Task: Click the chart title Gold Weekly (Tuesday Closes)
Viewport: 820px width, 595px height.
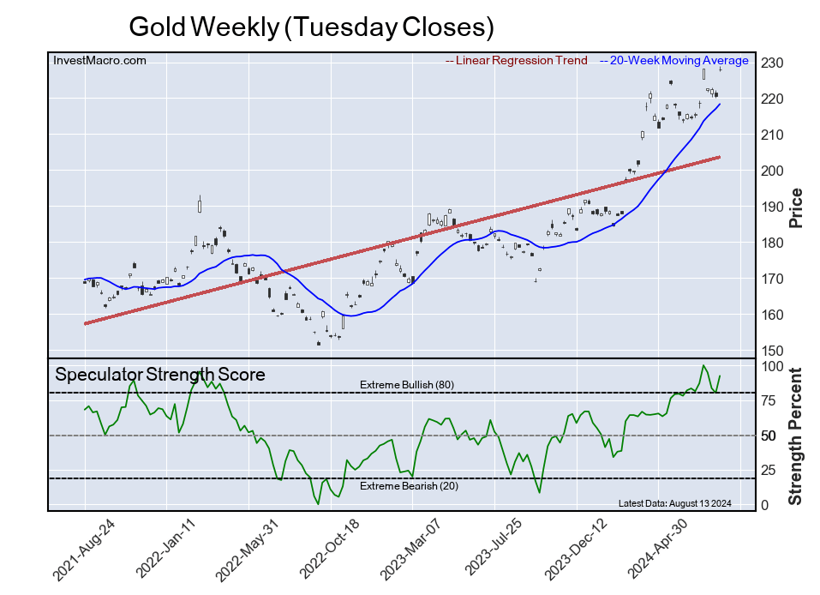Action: click(x=311, y=27)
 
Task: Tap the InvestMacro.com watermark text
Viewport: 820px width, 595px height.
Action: click(x=99, y=60)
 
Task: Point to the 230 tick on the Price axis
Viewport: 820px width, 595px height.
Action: click(x=771, y=63)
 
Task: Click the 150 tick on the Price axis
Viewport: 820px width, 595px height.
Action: click(x=771, y=352)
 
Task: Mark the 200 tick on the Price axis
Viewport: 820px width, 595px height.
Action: click(x=771, y=171)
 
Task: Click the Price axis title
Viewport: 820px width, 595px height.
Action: click(x=796, y=207)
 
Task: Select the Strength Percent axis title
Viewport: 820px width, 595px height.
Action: click(x=796, y=436)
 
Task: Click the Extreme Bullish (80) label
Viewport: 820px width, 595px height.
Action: click(x=406, y=385)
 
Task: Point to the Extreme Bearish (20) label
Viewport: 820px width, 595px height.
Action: click(x=407, y=487)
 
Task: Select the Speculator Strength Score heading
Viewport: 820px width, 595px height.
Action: click(x=160, y=375)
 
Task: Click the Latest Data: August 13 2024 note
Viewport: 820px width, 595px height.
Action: click(x=674, y=503)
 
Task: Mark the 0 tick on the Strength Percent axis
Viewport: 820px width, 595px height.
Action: click(x=764, y=506)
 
